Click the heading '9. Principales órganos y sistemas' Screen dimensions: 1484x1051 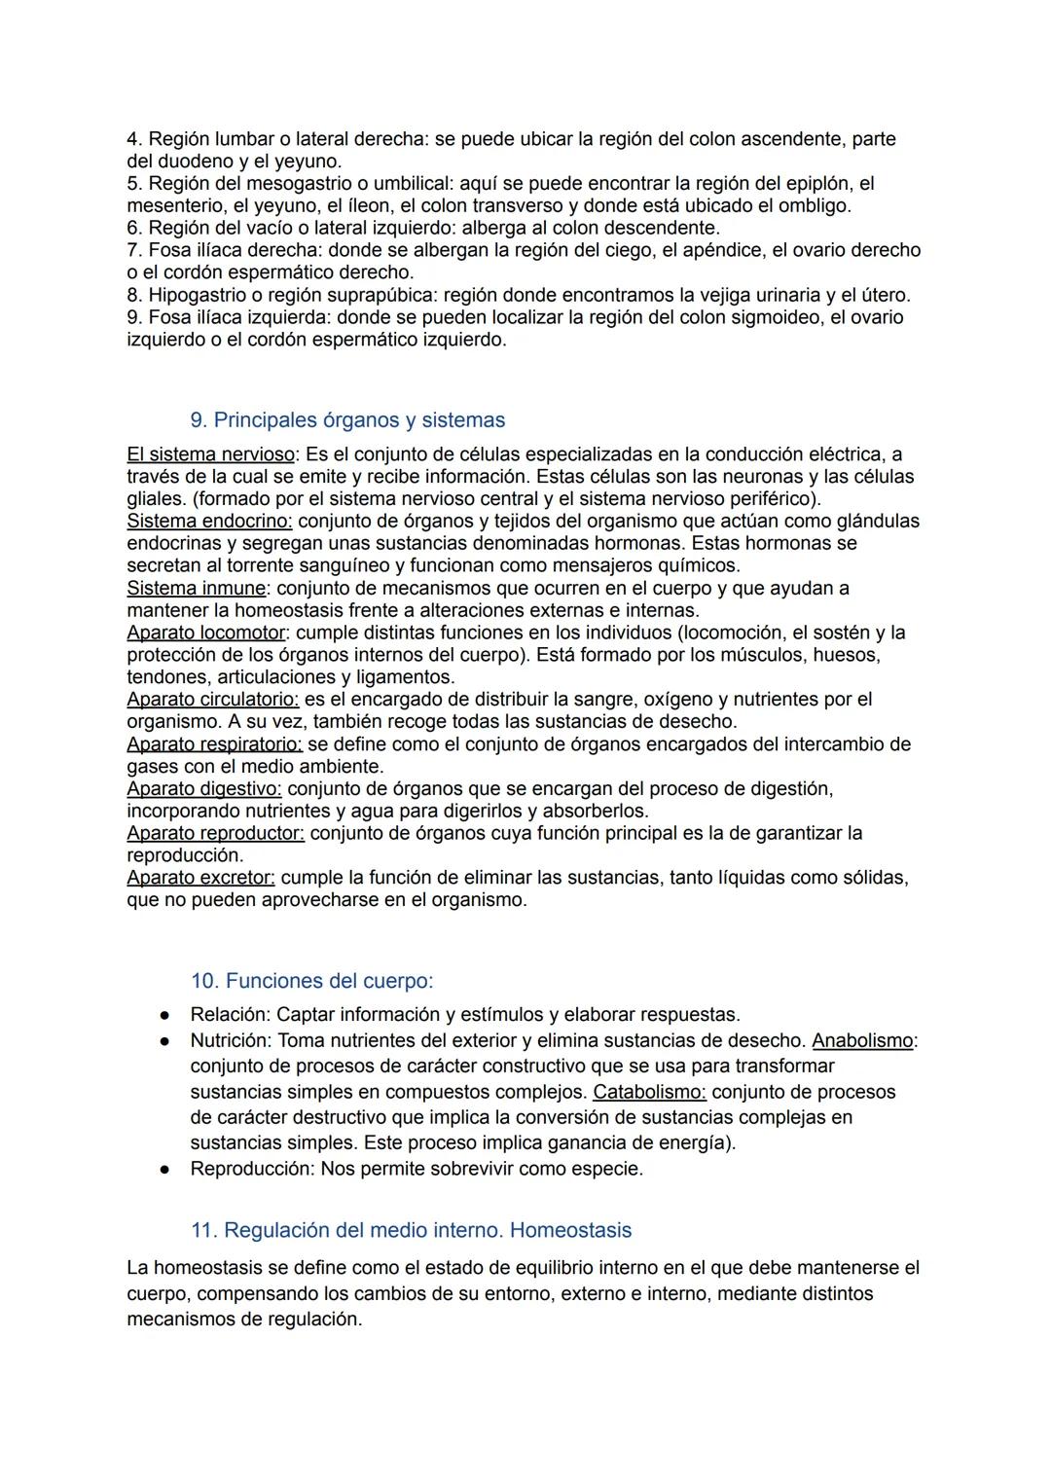coord(347,420)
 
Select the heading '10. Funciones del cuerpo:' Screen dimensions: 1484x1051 coord(311,981)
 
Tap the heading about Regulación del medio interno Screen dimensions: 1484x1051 coord(411,1230)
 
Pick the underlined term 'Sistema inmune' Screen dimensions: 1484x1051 coord(197,589)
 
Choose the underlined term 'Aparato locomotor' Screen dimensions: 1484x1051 coord(206,633)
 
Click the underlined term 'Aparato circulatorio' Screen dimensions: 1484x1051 coord(212,700)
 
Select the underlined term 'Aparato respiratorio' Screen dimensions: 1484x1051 coord(214,744)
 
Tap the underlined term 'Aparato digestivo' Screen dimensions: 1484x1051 coord(203,789)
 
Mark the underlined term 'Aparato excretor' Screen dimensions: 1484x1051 coord(200,878)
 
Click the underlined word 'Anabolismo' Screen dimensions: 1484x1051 coord(862,1041)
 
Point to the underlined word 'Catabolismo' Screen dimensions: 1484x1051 coord(649,1092)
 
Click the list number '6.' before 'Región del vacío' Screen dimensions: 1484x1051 coord(135,229)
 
